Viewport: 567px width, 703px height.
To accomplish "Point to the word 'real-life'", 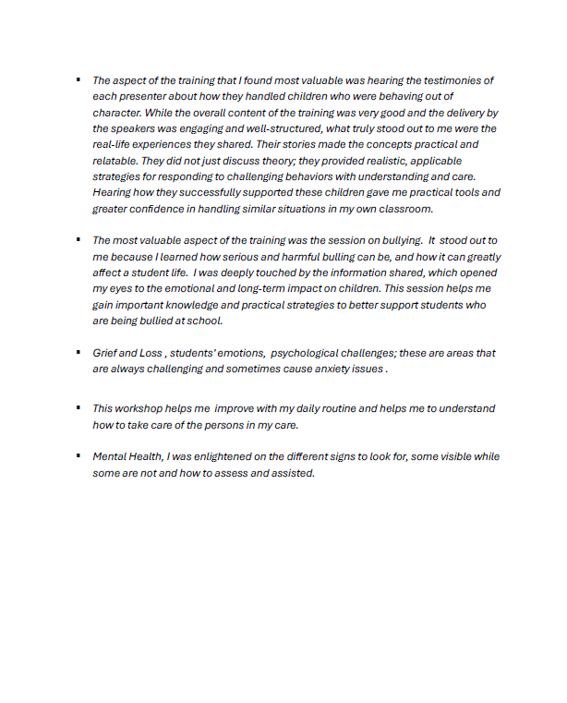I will coord(114,145).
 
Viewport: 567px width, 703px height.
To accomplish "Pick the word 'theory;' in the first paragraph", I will coord(295,162).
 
